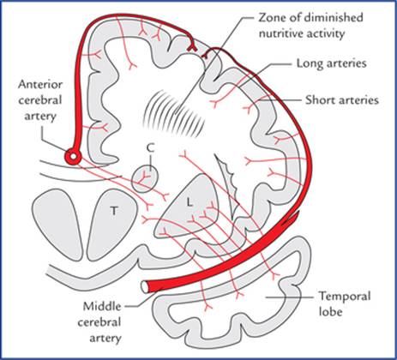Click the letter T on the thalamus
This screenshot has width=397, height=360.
pyautogui.click(x=114, y=211)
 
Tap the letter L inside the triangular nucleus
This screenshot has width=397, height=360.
pyautogui.click(x=189, y=202)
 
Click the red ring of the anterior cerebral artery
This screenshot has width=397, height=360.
pyautogui.click(x=73, y=156)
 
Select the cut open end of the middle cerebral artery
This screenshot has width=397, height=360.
pyautogui.click(x=146, y=286)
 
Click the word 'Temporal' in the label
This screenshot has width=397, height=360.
pyautogui.click(x=345, y=296)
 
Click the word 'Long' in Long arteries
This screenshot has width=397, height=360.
pyautogui.click(x=308, y=63)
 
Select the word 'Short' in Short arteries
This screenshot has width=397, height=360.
pyautogui.click(x=319, y=100)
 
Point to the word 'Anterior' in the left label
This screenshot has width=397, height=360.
pyautogui.click(x=40, y=85)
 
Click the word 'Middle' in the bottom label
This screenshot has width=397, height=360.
pyautogui.click(x=102, y=306)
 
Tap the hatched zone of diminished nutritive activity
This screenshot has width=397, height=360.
pyautogui.click(x=173, y=112)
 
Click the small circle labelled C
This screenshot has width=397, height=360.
pyautogui.click(x=144, y=179)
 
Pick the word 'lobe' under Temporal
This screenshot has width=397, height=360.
pyautogui.click(x=330, y=311)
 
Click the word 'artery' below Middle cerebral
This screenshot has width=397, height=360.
pyautogui.click(x=105, y=339)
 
